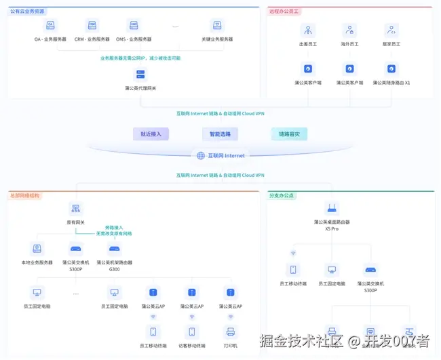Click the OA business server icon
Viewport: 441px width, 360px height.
pyautogui.click(x=50, y=26)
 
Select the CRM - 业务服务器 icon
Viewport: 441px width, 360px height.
pyautogui.click(x=92, y=26)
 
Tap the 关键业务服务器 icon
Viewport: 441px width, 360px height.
pyautogui.click(x=218, y=26)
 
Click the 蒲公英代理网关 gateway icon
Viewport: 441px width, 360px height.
pyautogui.click(x=140, y=75)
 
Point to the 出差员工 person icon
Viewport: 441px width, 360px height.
pyautogui.click(x=308, y=31)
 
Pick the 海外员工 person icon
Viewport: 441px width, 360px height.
pyautogui.click(x=349, y=31)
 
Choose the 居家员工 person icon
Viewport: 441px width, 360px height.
pyautogui.click(x=391, y=31)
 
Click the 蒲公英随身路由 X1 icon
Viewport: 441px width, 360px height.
pyautogui.click(x=391, y=68)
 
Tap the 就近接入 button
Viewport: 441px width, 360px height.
pyautogui.click(x=151, y=134)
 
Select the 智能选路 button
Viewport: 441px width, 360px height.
pyautogui.click(x=220, y=134)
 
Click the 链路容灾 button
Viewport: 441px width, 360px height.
pyautogui.click(x=289, y=134)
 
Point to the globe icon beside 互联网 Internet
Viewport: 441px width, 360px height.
pyautogui.click(x=201, y=156)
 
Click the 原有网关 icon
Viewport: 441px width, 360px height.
pyautogui.click(x=75, y=208)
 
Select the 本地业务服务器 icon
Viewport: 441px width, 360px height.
pyautogui.click(x=37, y=249)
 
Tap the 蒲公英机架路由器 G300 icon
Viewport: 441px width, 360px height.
pyautogui.click(x=115, y=249)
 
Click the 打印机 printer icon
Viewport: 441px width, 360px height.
pyautogui.click(x=230, y=332)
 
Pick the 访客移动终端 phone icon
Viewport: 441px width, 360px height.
pyautogui.click(x=192, y=332)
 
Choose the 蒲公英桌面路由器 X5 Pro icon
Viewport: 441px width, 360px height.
pyautogui.click(x=332, y=208)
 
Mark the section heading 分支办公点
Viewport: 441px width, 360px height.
pyautogui.click(x=282, y=195)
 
